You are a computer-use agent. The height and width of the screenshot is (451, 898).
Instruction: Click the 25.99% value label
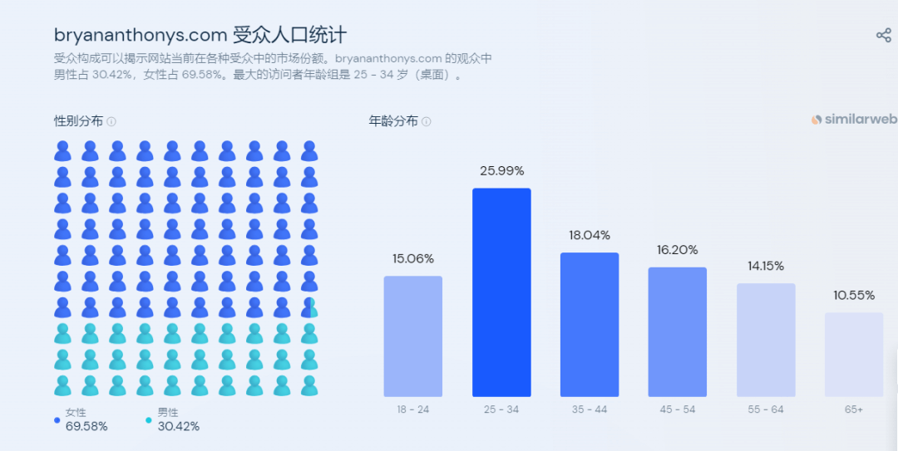501,171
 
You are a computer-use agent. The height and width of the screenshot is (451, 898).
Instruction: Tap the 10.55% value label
854,295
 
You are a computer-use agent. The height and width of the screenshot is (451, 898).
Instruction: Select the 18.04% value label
590,235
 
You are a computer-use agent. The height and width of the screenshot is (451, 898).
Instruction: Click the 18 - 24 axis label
413,409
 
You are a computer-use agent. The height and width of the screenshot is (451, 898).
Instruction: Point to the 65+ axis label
854,409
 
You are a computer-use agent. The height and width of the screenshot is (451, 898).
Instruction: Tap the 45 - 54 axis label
678,409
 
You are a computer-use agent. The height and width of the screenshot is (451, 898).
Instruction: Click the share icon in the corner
884,35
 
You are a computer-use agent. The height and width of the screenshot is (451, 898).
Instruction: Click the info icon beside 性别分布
111,121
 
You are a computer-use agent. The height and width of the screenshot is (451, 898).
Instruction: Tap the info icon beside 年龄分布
427,121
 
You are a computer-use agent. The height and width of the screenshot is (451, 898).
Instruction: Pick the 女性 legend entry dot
57,420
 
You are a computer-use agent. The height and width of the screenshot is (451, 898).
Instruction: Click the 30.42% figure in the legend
178,426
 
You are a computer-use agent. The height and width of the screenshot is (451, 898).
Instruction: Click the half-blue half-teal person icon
309,307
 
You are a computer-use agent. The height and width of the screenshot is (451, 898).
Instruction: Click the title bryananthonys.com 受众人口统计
200,35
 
